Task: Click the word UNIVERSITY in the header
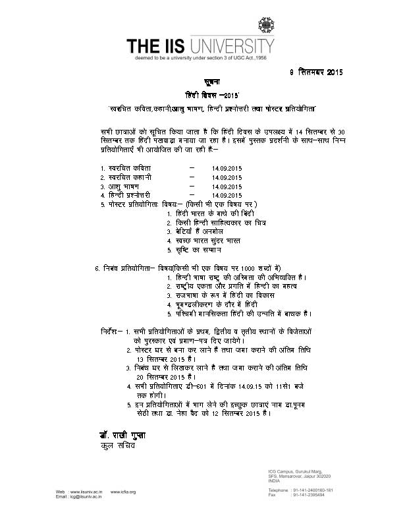(231, 47)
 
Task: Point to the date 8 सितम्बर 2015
(316, 71)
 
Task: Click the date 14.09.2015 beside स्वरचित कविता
(227, 168)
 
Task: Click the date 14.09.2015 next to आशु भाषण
(227, 187)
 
